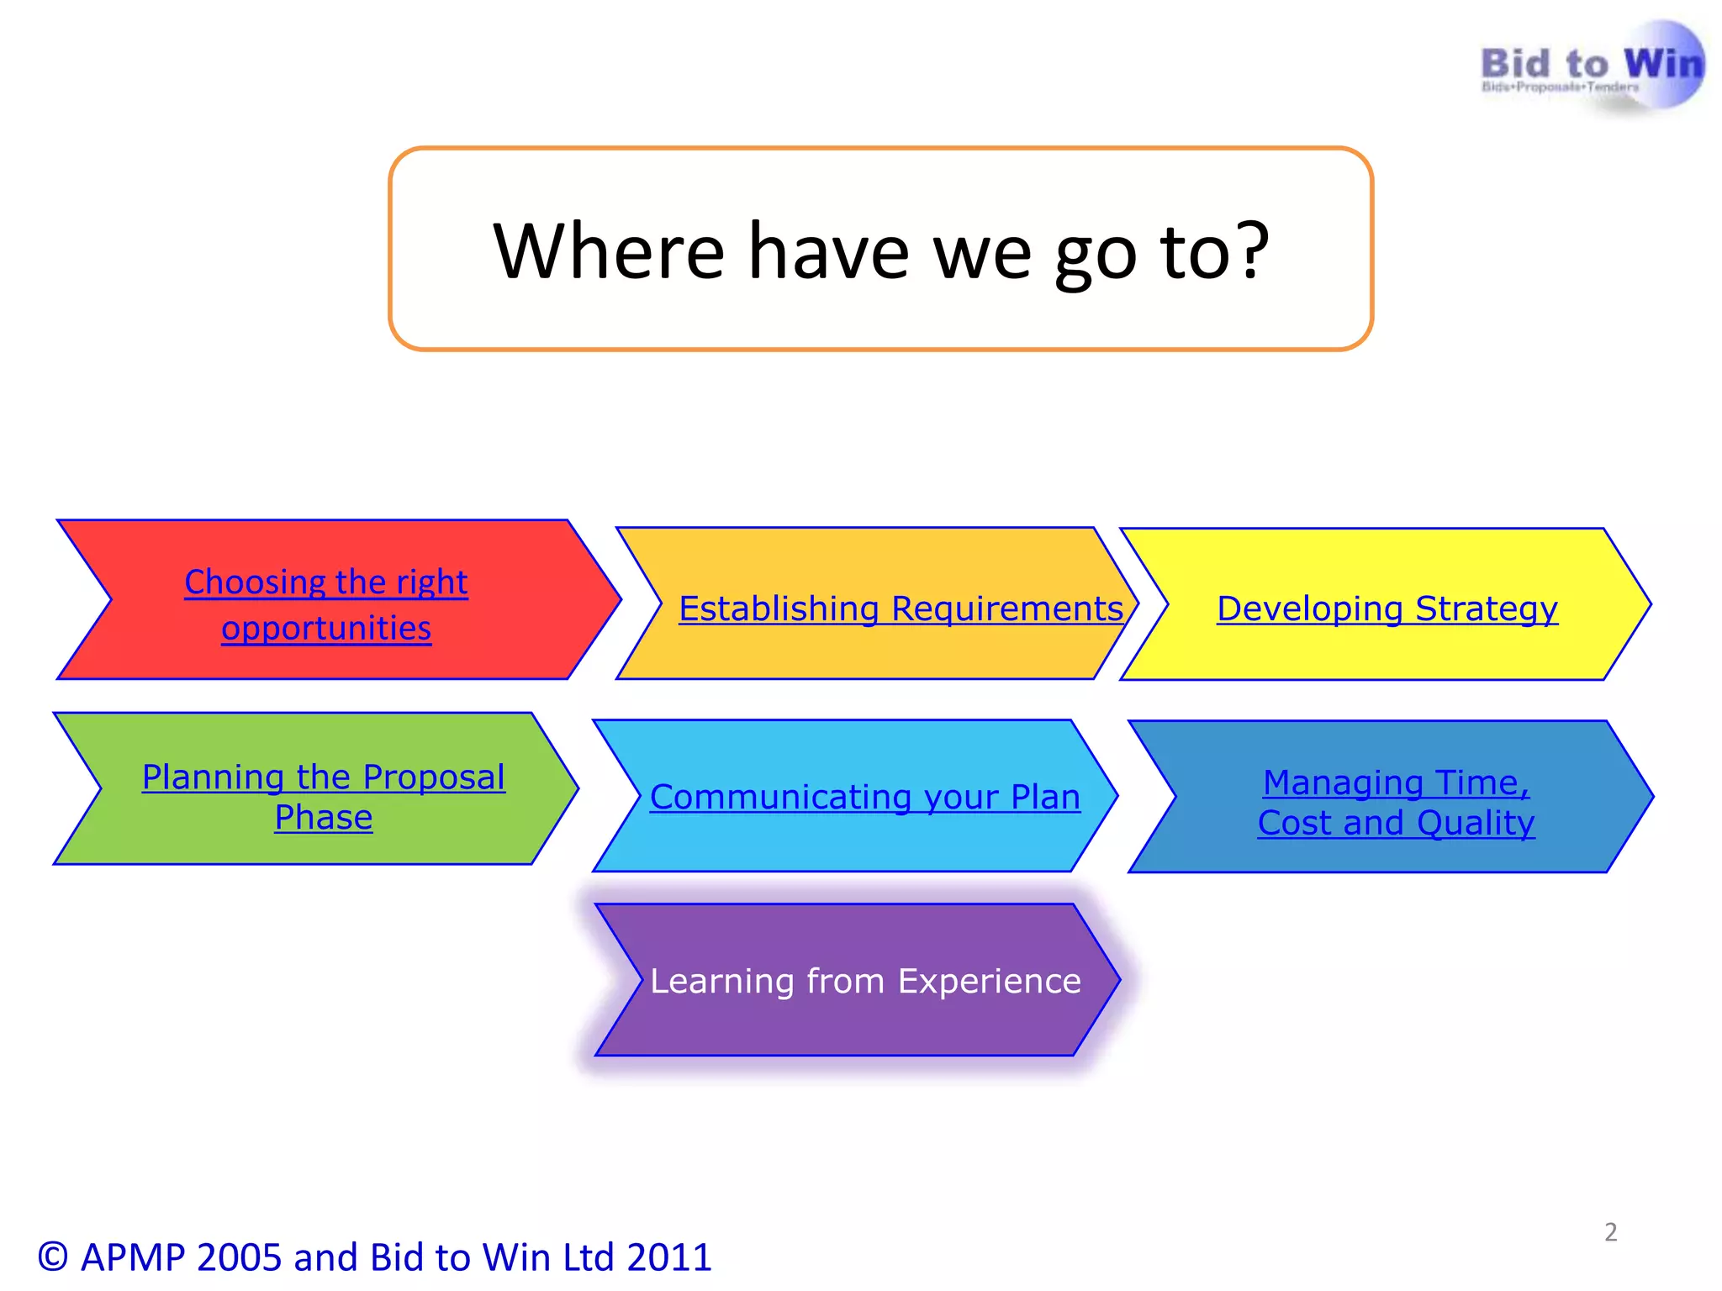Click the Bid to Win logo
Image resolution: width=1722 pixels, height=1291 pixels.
[x=1592, y=67]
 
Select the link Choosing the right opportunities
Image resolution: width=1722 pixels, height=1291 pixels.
[x=326, y=604]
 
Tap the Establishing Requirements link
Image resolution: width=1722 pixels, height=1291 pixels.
[x=901, y=609]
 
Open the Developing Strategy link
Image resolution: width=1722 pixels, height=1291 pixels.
[x=1387, y=609]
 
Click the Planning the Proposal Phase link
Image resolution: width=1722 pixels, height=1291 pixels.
[x=324, y=796]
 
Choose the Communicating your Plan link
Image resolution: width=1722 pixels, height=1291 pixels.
[x=864, y=797]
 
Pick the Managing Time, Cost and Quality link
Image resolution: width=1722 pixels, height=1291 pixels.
[x=1396, y=802]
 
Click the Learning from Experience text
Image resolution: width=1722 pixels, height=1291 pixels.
[x=865, y=981]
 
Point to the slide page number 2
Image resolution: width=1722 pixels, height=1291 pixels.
[x=1610, y=1232]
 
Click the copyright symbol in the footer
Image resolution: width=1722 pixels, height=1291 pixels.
[x=52, y=1257]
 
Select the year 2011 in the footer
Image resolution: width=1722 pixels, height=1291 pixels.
[x=668, y=1257]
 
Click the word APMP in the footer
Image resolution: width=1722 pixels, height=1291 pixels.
[x=133, y=1257]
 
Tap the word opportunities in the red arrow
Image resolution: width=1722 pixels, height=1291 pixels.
[x=326, y=629]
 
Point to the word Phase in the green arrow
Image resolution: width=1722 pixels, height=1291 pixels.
[x=324, y=817]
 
